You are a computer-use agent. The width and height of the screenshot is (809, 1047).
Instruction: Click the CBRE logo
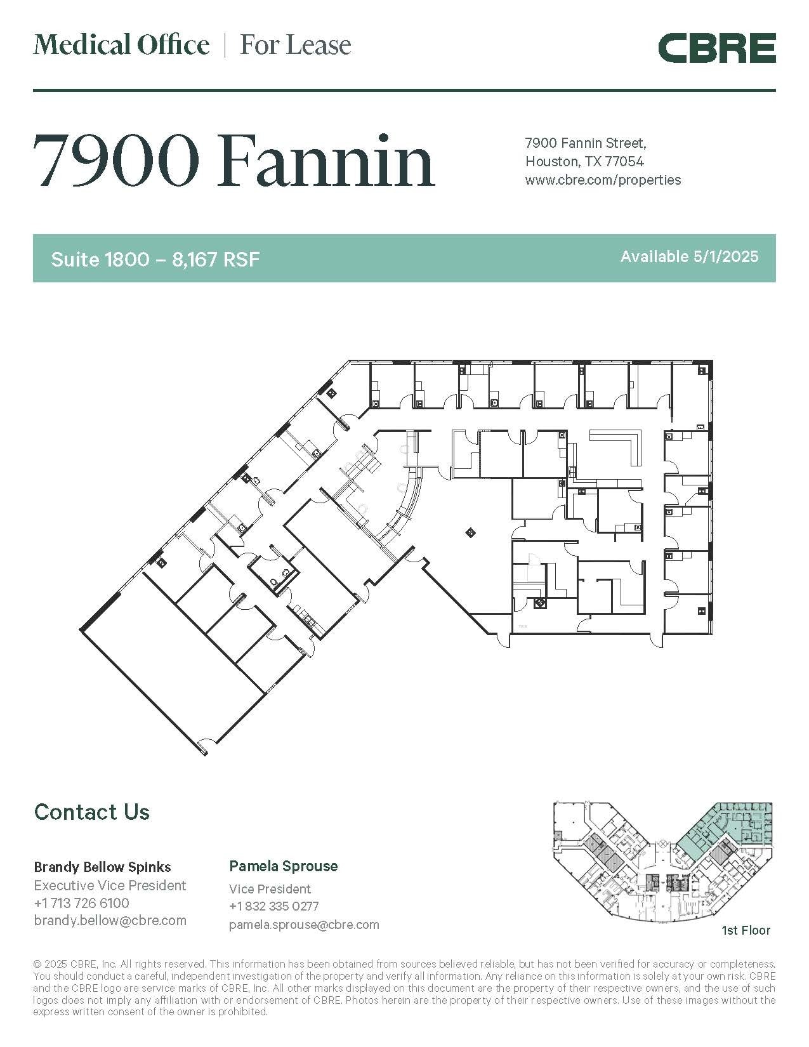tap(716, 49)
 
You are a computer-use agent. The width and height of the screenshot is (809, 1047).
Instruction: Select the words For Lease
tap(295, 45)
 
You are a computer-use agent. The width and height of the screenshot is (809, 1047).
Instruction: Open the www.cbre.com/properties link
tap(603, 180)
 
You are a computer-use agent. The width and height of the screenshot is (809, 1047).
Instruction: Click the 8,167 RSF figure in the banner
tap(216, 259)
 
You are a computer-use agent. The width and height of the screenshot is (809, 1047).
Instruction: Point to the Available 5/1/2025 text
tap(689, 256)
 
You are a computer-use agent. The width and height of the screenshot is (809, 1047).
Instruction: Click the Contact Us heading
tap(92, 812)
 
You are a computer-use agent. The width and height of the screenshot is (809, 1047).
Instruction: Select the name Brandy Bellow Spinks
tap(102, 867)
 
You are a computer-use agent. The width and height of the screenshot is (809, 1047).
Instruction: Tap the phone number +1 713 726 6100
tap(81, 902)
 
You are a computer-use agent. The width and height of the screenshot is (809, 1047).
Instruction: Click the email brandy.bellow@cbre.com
tap(110, 920)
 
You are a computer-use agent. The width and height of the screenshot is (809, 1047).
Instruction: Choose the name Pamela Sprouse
tap(283, 866)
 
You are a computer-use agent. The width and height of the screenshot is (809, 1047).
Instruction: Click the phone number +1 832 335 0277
tap(273, 906)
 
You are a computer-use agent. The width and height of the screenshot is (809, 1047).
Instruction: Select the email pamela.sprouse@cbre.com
tap(304, 925)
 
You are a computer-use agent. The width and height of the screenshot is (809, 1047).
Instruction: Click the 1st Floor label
tap(746, 930)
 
